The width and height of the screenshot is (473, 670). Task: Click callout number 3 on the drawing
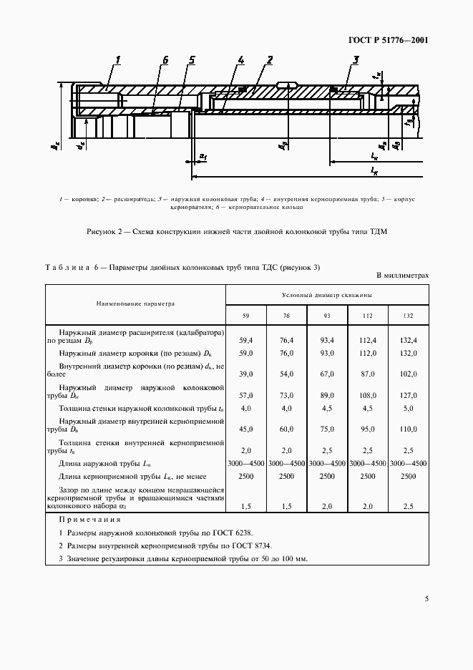(x=355, y=60)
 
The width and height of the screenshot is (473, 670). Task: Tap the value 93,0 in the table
(x=327, y=354)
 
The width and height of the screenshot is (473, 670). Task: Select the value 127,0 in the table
(x=408, y=395)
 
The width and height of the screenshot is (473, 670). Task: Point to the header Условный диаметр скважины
(x=327, y=294)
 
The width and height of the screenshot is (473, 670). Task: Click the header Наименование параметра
(x=136, y=304)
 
